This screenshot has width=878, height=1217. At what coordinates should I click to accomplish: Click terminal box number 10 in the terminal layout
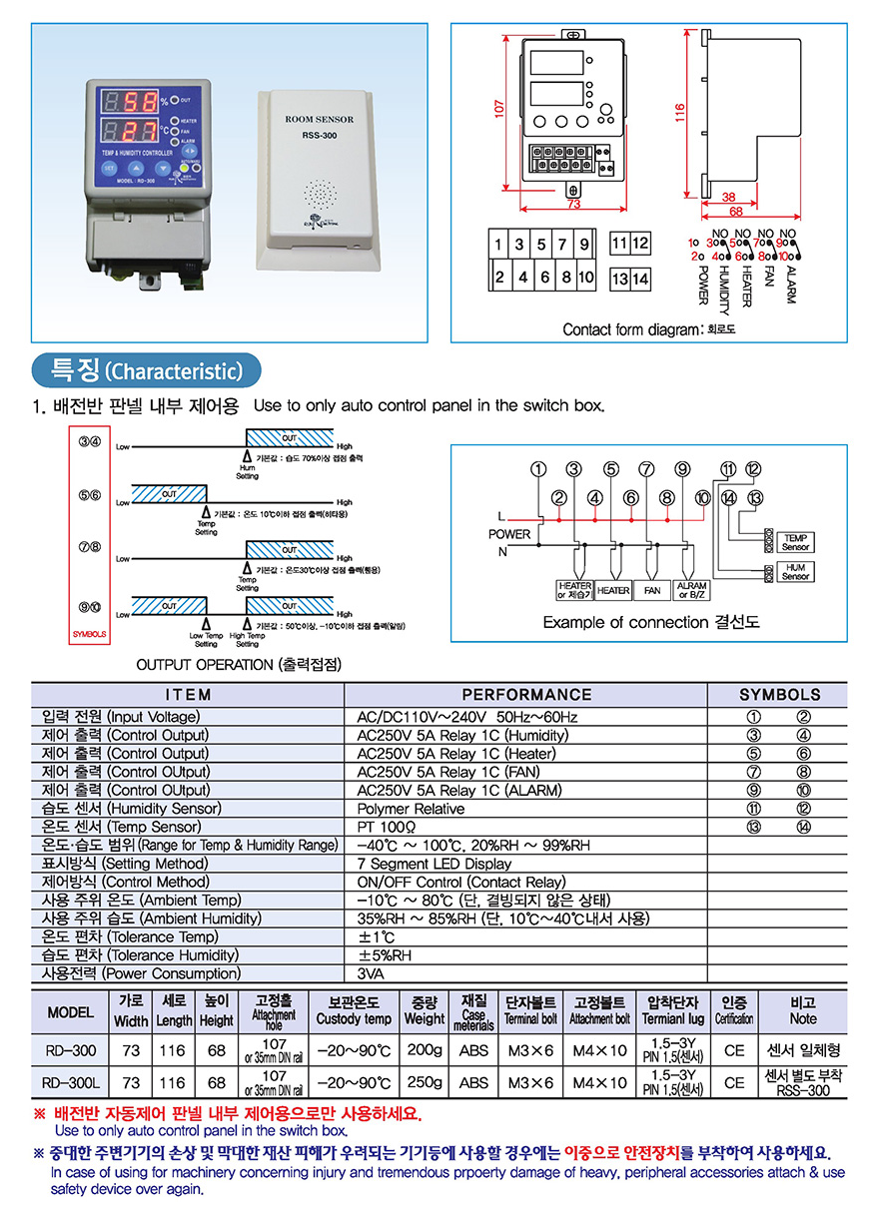click(585, 278)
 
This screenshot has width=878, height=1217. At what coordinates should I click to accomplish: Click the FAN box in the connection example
click(651, 590)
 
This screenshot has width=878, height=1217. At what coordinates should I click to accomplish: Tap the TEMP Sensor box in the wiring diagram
click(796, 542)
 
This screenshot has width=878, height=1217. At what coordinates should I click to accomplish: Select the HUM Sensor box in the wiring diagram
click(796, 572)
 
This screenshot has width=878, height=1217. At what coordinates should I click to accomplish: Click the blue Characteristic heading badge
click(146, 371)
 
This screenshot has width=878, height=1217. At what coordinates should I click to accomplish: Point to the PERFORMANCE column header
click(525, 694)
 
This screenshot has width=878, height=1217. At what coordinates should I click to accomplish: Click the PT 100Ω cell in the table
click(387, 827)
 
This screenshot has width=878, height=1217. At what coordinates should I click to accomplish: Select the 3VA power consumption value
click(371, 973)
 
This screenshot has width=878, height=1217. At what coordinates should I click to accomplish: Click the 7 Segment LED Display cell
click(434, 864)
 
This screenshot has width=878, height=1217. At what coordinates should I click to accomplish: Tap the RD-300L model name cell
click(70, 1082)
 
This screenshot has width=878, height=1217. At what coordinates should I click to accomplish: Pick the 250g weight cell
click(425, 1082)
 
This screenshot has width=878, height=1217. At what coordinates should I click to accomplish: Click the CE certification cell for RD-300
click(734, 1050)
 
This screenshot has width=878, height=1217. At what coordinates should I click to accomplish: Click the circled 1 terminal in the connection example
click(540, 469)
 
